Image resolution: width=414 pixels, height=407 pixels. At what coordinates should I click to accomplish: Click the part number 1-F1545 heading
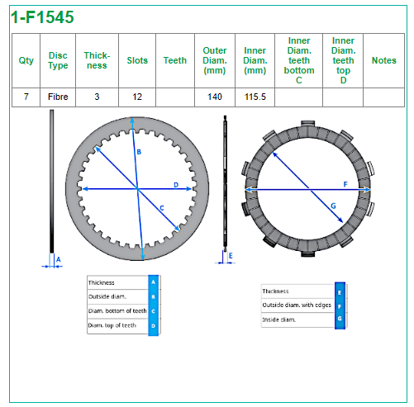[x=42, y=17]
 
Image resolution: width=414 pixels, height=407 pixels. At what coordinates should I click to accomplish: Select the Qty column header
[x=26, y=60]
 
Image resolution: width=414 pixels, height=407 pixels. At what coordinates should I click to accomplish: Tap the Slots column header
[x=137, y=60]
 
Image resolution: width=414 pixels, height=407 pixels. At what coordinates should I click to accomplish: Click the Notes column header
[x=384, y=60]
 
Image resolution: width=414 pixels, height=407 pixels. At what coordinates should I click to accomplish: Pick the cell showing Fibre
[x=58, y=97]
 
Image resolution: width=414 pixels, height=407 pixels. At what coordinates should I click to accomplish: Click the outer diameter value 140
[x=215, y=97]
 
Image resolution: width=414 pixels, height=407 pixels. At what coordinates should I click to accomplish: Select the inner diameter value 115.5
[x=255, y=97]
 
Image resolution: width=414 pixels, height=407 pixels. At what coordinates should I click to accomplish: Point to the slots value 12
[x=137, y=97]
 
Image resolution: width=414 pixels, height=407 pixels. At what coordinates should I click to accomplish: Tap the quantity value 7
[x=26, y=97]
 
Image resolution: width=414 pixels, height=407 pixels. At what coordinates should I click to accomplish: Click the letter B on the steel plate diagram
[x=139, y=152]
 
